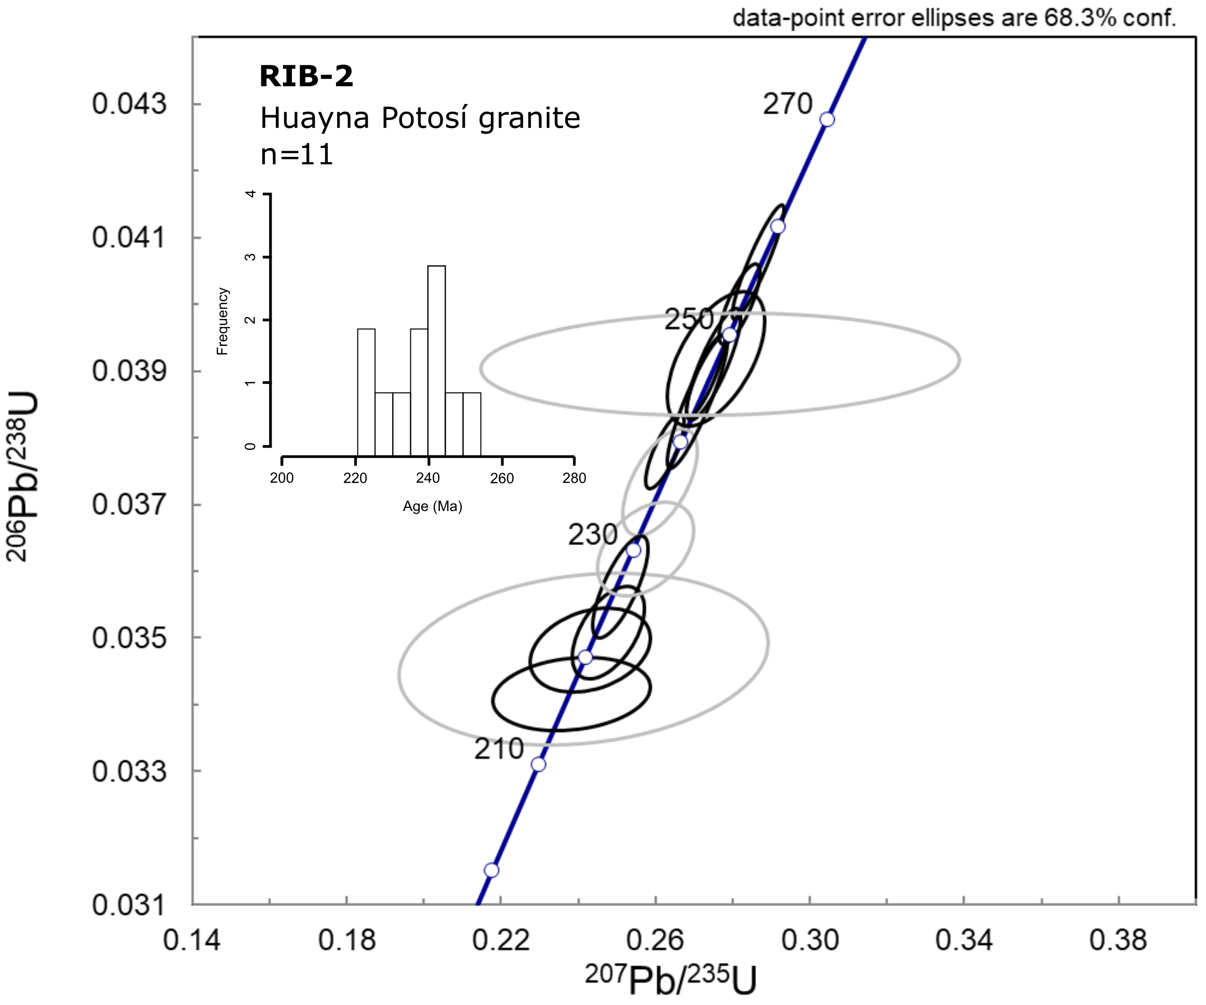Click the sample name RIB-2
point(306,76)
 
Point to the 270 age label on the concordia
point(787,104)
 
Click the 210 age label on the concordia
point(499,749)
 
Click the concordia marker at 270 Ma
point(827,119)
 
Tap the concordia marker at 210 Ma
point(538,764)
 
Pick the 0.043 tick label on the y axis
point(129,104)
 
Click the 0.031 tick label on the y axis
point(129,906)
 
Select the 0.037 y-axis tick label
point(129,505)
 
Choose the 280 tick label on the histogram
point(574,478)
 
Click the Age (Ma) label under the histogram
point(433,506)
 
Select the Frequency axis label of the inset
point(223,321)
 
